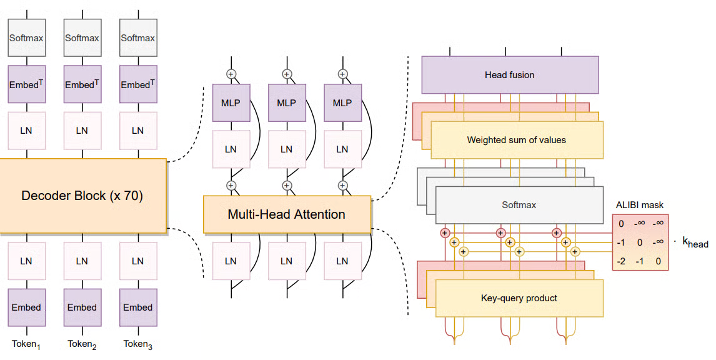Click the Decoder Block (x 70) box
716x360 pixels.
pos(82,196)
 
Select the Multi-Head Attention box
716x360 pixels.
pos(286,214)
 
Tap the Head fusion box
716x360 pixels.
pos(509,75)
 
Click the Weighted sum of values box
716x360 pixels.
pos(516,140)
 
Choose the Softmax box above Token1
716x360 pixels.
pos(26,37)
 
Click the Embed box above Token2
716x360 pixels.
pos(82,307)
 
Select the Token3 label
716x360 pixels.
pos(137,344)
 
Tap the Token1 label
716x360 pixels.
pos(26,344)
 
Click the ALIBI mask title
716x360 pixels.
pos(639,204)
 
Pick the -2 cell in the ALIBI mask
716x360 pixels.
pos(621,261)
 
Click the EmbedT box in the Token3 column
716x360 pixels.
pos(137,84)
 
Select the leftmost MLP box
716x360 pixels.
pos(231,103)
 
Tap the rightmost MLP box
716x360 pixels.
pos(342,103)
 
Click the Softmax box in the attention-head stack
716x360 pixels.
pos(519,204)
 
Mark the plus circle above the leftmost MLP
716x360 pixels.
pos(231,74)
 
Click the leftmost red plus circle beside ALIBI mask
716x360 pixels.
pos(445,232)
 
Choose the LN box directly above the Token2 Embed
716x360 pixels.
pos(82,261)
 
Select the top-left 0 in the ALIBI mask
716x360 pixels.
pos(621,224)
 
